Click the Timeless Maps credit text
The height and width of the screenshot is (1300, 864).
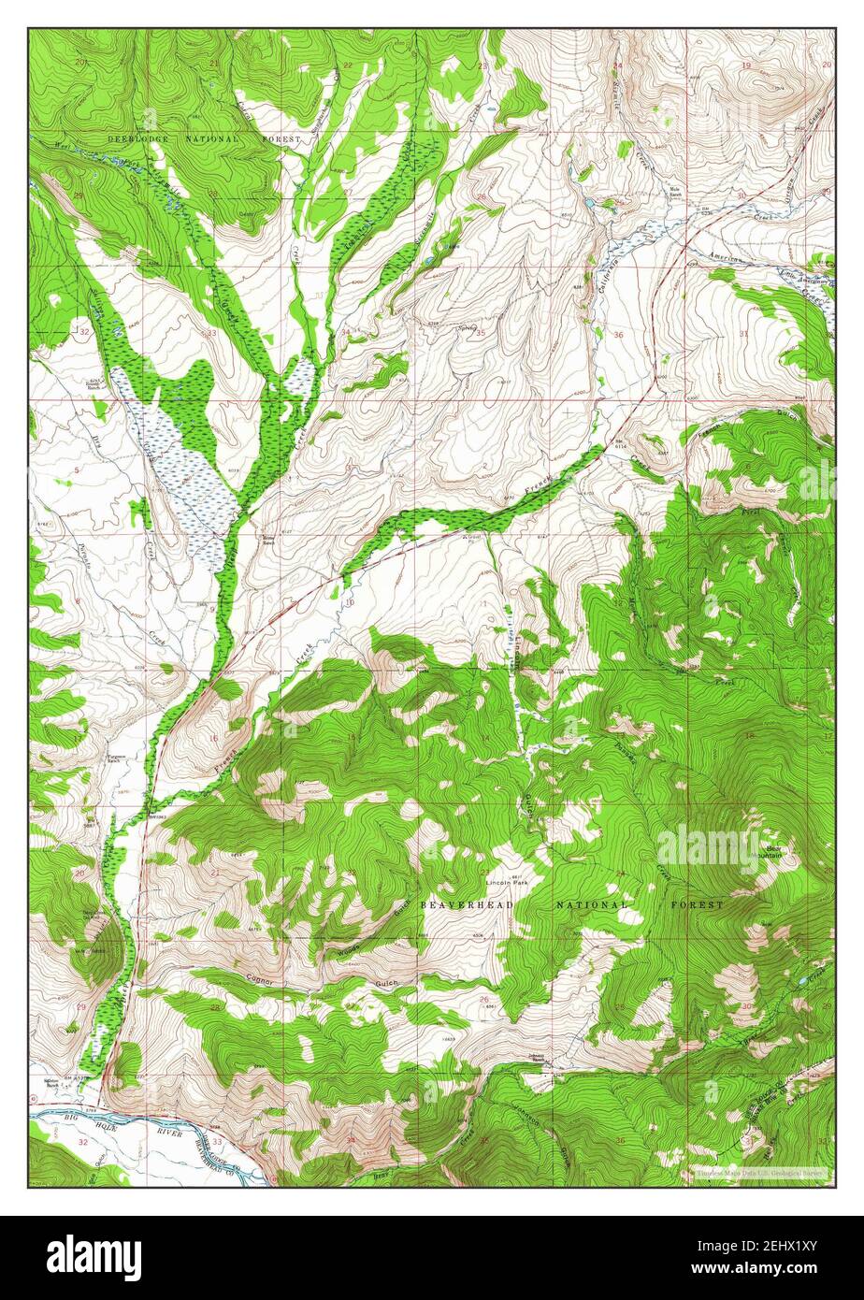click(x=756, y=1172)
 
